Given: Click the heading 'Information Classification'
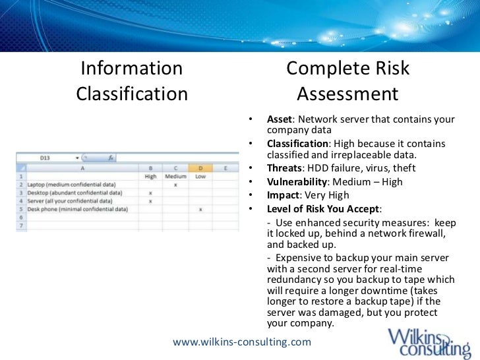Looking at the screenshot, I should point(132,81).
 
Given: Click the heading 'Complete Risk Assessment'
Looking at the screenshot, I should point(348,81).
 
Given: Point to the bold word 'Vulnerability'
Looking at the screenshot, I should point(297,181).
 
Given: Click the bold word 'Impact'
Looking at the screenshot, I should point(282,195).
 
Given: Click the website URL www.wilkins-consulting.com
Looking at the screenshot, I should point(241,342).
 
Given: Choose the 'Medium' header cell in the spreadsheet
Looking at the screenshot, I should point(175,177).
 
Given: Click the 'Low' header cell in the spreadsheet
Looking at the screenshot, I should point(200,177).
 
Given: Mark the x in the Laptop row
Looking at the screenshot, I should point(175,185).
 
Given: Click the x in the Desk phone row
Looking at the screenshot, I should point(200,209).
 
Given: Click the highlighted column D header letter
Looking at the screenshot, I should point(200,169).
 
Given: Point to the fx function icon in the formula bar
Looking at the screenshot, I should point(111,158).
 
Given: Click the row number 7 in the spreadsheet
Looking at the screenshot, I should point(20,225).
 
